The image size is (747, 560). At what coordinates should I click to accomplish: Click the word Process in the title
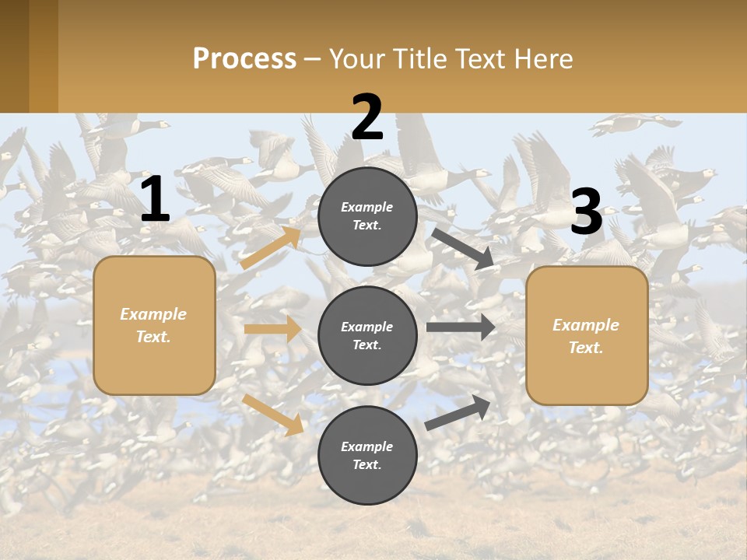(244, 59)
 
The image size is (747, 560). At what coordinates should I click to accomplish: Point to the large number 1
(155, 200)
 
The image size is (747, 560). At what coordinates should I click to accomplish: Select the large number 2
(367, 117)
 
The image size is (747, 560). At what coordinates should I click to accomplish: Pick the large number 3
(586, 212)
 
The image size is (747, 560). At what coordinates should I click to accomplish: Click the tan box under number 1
(154, 325)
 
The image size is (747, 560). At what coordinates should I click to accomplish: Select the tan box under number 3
(587, 335)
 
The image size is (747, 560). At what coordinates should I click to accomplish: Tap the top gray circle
(367, 216)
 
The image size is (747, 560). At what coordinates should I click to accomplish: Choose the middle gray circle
(367, 335)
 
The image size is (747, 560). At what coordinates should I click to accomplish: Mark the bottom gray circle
(367, 455)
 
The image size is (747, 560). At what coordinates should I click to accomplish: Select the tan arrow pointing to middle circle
(272, 329)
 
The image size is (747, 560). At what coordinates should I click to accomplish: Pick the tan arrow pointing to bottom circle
(273, 414)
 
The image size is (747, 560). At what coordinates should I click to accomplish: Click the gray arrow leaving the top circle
(462, 248)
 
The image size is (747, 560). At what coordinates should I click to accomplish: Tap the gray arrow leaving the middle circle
(461, 327)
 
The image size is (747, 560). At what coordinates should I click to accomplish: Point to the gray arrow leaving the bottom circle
(458, 412)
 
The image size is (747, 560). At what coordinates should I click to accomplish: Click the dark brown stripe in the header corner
(14, 56)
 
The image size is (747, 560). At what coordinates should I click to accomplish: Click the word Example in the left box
(153, 314)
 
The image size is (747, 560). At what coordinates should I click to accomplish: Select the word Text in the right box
(586, 348)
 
